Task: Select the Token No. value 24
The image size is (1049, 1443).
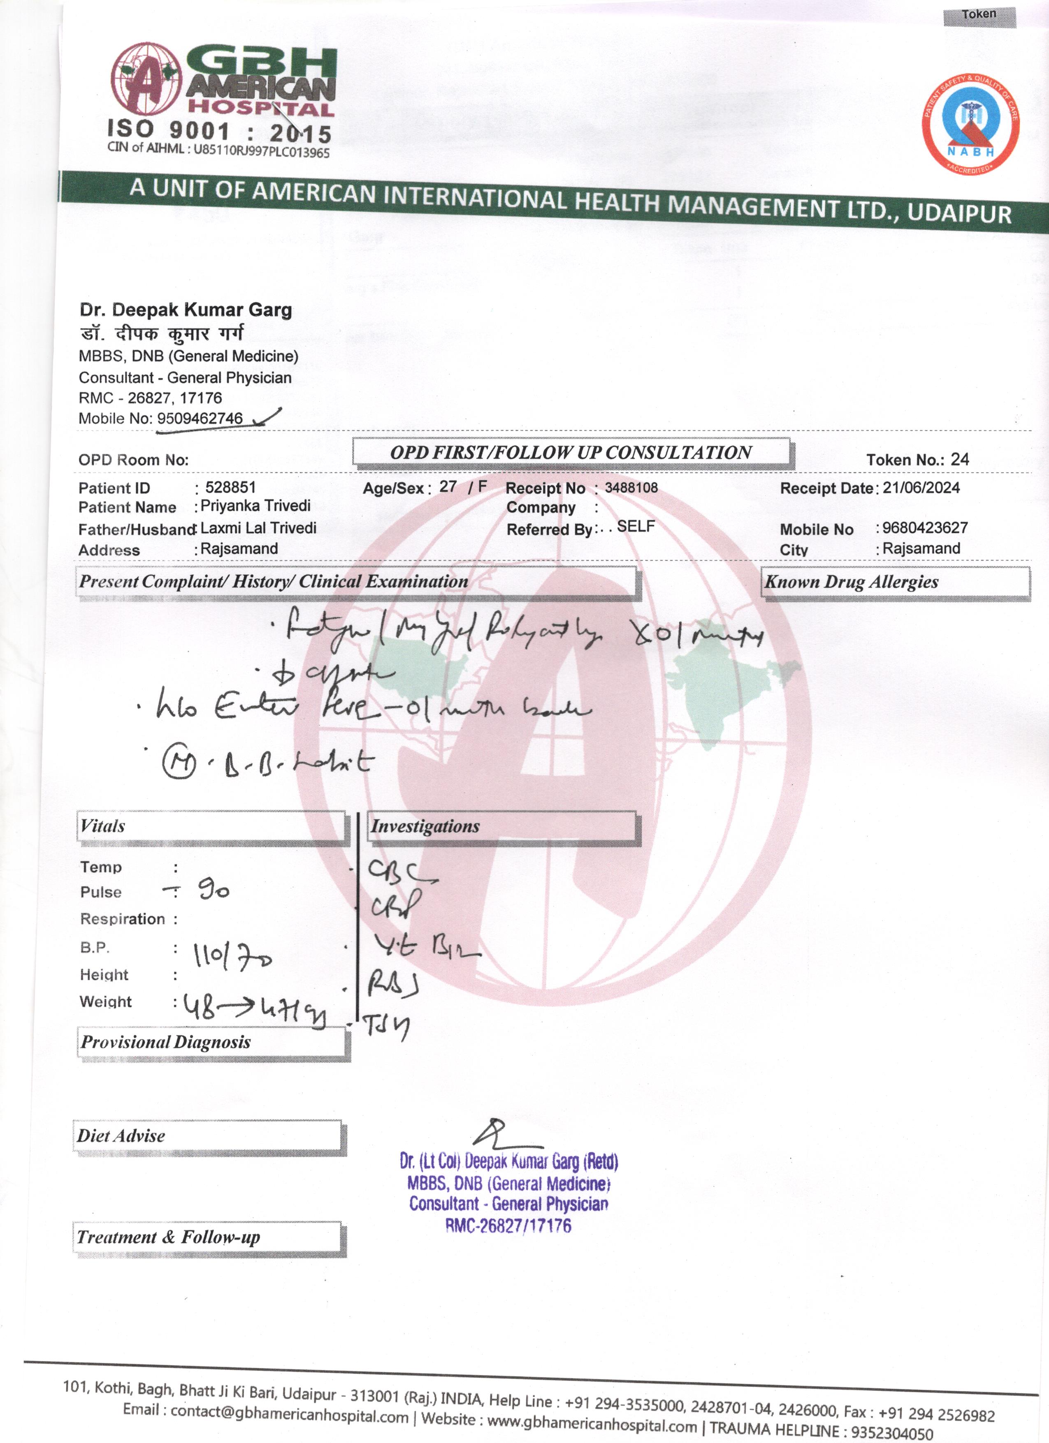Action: click(959, 459)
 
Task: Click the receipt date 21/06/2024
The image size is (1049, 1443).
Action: click(921, 488)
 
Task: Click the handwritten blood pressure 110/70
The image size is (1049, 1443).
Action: click(232, 956)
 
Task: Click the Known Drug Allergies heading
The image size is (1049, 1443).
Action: click(851, 582)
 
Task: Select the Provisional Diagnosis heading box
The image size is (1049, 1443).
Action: click(165, 1042)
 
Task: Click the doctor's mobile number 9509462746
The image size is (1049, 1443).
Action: click(200, 418)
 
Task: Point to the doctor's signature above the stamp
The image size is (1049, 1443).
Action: click(503, 1133)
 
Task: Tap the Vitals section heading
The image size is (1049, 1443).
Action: click(103, 826)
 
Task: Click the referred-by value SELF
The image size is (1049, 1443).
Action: click(635, 526)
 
